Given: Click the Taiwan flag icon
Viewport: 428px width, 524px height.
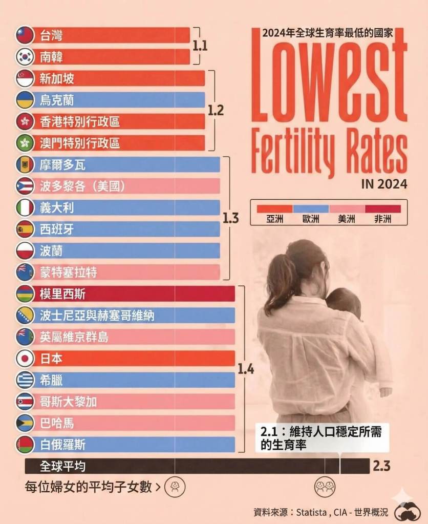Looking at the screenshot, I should coord(25,35).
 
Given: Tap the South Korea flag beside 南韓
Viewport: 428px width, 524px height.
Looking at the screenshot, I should coord(25,56).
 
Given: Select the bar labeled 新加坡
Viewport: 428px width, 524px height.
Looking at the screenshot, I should coord(118,78).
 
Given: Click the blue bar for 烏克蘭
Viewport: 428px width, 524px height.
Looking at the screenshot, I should coord(118,99).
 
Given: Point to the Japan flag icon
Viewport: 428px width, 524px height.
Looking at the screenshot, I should coord(25,358).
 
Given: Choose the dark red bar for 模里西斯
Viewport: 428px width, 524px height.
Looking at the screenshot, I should coord(133,294).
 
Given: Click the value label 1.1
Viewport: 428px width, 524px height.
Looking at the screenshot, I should coord(200,46).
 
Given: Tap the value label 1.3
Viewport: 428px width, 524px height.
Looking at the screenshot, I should coord(230,218).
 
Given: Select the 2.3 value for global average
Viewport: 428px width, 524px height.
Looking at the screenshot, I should coord(381,466).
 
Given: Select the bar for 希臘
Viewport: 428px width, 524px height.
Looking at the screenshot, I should coord(133,380).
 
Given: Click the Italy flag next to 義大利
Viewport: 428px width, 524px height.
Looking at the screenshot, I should coord(25,207).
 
